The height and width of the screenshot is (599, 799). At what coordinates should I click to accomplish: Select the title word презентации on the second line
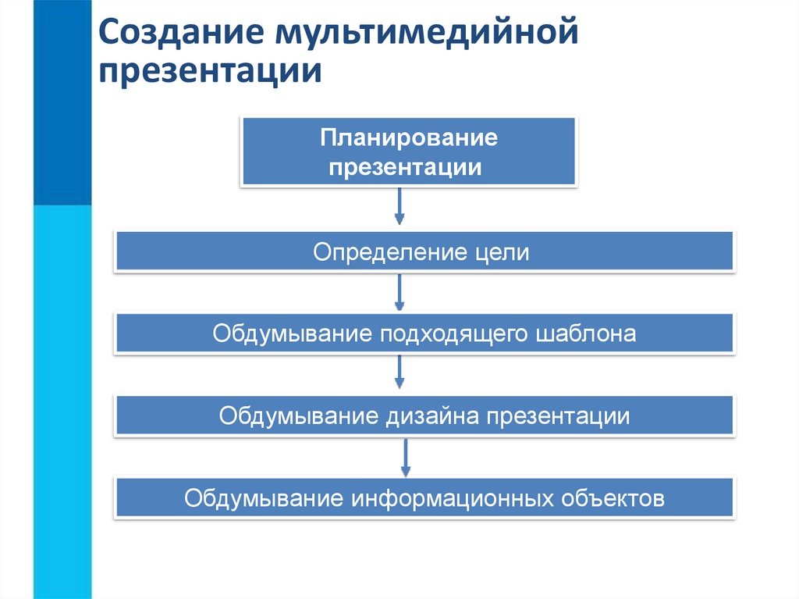tap(211, 72)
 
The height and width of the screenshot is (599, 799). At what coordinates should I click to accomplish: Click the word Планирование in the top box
tap(409, 139)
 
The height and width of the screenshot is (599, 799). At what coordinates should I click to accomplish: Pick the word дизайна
tap(432, 416)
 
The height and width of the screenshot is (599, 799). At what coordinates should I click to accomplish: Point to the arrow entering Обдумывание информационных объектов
tap(406, 457)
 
